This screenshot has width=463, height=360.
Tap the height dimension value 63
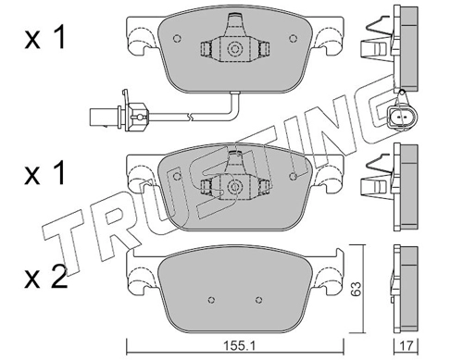(x=357, y=289)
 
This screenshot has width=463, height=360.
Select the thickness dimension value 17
(x=406, y=346)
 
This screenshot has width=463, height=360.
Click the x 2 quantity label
(x=46, y=277)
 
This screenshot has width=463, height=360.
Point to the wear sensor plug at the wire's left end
(x=105, y=118)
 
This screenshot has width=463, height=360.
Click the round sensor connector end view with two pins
(x=401, y=118)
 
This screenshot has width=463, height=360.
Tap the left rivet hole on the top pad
(x=177, y=39)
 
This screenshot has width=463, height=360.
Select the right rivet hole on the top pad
(x=293, y=38)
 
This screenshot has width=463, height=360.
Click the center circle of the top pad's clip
(x=235, y=49)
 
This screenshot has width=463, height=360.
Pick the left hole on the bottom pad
(x=211, y=300)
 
